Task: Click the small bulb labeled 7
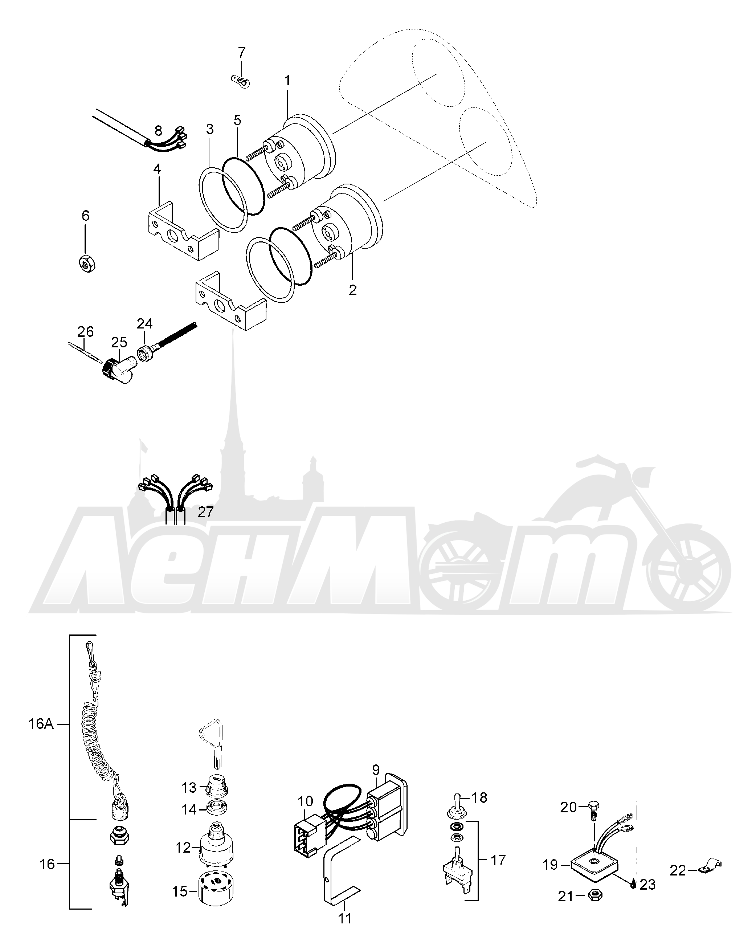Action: [240, 81]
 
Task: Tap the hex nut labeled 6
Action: [86, 264]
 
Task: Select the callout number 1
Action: [287, 81]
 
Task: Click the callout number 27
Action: [205, 512]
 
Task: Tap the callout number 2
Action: [353, 290]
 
